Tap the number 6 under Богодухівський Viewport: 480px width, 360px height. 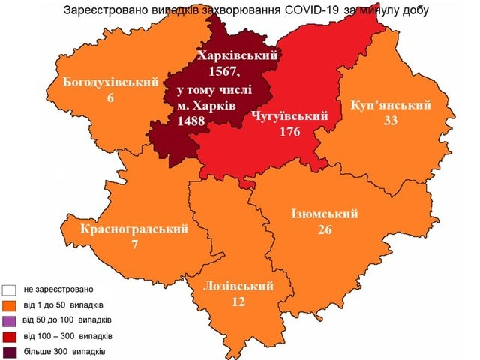(x=109, y=97)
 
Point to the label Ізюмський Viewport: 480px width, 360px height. (x=324, y=214)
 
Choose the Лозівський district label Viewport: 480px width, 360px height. (x=238, y=285)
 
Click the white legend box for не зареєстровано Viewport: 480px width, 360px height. (x=10, y=289)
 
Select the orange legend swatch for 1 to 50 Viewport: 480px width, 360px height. (x=10, y=305)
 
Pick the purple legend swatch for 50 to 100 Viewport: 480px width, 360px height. (x=10, y=320)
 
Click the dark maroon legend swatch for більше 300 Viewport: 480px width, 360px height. (x=10, y=351)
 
